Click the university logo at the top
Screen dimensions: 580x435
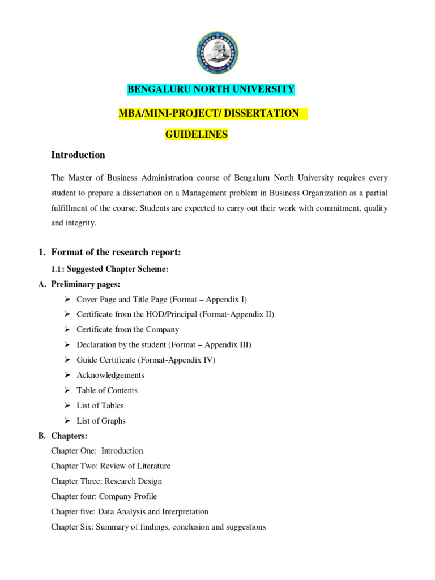click(216, 53)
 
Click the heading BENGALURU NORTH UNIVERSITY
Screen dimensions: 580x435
click(211, 89)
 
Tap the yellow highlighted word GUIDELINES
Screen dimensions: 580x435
click(196, 135)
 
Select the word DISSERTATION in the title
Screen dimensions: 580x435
click(261, 113)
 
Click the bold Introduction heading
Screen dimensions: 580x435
click(78, 155)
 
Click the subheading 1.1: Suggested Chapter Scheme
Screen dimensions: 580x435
click(109, 269)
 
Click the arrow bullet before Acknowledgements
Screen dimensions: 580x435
click(67, 375)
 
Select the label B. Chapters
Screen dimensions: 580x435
click(69, 436)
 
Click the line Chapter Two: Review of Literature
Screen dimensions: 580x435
click(110, 466)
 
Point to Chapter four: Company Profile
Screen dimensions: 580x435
click(104, 496)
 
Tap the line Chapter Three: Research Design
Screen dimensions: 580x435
click(106, 481)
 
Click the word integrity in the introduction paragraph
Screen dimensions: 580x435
click(82, 223)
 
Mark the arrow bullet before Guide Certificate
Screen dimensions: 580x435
click(67, 360)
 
